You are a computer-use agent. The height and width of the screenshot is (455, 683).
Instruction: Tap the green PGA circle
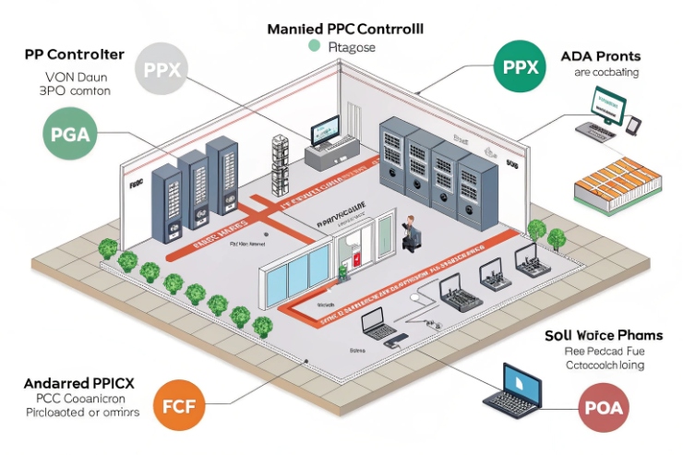[x=70, y=134]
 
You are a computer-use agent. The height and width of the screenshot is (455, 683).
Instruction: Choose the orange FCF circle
[x=178, y=405]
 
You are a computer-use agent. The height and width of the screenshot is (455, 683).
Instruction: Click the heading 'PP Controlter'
[x=72, y=54]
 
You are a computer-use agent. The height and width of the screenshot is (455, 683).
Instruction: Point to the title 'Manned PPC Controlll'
[x=344, y=29]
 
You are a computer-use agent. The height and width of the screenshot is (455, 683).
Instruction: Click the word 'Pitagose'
[x=347, y=48]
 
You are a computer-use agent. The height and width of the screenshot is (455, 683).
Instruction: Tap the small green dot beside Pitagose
[x=314, y=46]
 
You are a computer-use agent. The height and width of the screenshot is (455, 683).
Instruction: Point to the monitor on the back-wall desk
[x=325, y=136]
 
